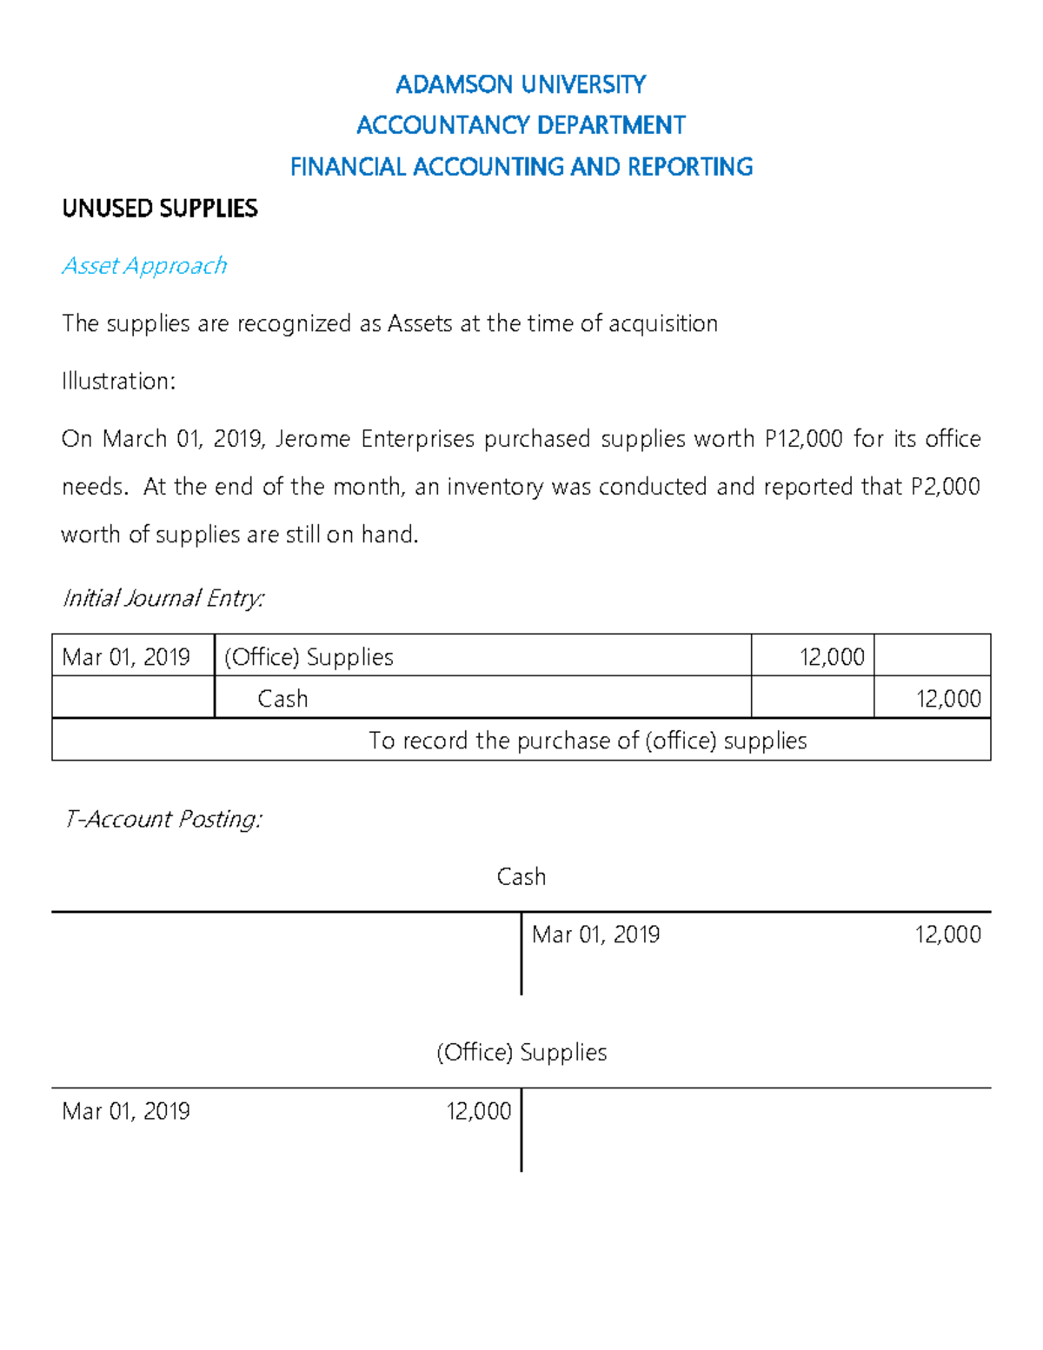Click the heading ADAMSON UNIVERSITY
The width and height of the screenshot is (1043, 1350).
(521, 84)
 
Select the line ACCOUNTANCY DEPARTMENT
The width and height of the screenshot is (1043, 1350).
(521, 125)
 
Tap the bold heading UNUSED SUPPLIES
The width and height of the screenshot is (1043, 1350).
(160, 209)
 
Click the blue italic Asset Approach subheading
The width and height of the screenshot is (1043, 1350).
(144, 265)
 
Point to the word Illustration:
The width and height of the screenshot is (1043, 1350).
(118, 381)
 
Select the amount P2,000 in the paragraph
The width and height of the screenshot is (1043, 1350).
(945, 486)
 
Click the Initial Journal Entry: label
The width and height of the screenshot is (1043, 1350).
(163, 598)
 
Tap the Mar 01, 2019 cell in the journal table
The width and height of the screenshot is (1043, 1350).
(126, 656)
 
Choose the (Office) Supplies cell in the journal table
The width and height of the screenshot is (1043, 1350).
(309, 656)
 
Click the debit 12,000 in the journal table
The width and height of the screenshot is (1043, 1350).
(832, 656)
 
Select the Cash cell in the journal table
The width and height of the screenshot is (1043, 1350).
(282, 698)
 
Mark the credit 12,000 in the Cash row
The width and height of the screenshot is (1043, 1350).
(948, 698)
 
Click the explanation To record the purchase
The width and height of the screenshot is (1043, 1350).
(588, 740)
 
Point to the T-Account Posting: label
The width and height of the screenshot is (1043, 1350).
(163, 819)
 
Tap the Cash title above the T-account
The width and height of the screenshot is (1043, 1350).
(521, 876)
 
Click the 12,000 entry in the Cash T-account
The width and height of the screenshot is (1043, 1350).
(947, 934)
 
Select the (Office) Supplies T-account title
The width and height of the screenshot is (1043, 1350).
(521, 1052)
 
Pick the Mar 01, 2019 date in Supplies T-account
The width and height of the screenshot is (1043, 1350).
(126, 1111)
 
